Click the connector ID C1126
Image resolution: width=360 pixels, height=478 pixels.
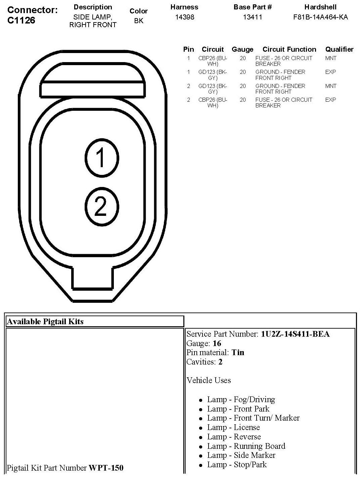21,20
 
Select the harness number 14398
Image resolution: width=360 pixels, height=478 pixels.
184,17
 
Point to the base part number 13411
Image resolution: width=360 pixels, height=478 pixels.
253,17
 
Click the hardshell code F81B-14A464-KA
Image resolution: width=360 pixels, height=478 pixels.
320,17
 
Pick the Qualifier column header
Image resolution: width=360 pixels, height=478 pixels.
339,49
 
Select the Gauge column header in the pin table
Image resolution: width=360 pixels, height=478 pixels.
242,49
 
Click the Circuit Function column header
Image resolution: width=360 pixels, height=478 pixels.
289,49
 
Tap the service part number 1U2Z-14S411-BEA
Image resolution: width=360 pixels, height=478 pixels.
295,334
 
